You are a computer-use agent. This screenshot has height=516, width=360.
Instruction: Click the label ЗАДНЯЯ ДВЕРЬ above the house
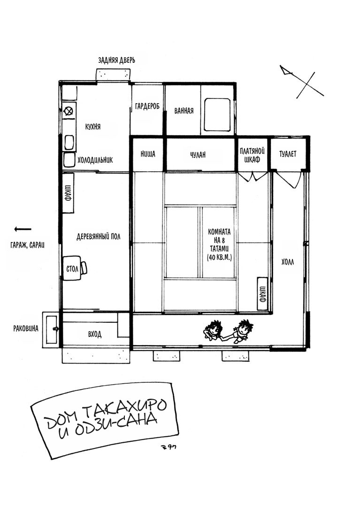click(x=116, y=60)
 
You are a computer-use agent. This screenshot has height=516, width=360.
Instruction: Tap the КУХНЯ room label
click(x=93, y=127)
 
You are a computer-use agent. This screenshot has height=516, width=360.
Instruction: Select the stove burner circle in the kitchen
click(x=69, y=111)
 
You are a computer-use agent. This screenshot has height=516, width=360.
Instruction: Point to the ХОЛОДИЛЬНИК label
click(x=95, y=160)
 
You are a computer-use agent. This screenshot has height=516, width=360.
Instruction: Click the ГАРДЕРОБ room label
click(x=147, y=106)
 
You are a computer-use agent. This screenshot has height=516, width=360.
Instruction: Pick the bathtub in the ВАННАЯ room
click(x=217, y=114)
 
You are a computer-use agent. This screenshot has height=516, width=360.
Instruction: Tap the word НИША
click(x=148, y=154)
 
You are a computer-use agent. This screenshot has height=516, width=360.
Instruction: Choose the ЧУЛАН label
click(x=198, y=154)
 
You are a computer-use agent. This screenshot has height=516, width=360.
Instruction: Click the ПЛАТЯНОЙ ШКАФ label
click(x=253, y=155)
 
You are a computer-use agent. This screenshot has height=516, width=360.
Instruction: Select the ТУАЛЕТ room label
click(x=288, y=154)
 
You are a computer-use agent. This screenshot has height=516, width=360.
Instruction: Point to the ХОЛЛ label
click(x=288, y=262)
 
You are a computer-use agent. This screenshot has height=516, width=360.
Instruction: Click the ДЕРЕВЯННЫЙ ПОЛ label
click(x=99, y=236)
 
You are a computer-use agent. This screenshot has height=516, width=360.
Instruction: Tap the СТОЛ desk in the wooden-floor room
click(x=72, y=268)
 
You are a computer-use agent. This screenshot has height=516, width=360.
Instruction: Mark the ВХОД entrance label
click(x=95, y=334)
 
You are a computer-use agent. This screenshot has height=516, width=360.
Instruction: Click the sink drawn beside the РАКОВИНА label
click(x=52, y=329)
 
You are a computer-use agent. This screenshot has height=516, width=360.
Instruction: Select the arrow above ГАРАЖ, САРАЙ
click(x=23, y=229)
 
